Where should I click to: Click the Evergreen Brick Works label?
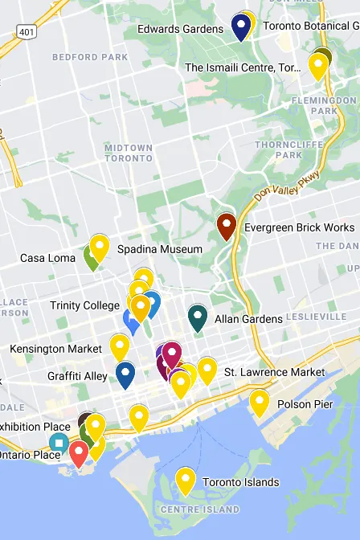point(299,227)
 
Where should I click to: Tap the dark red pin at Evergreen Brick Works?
point(227,225)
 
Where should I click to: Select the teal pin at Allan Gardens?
point(198,317)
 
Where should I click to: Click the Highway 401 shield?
point(26,32)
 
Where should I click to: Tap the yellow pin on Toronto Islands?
point(186,480)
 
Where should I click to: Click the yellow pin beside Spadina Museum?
point(99,246)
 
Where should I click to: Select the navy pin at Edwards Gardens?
point(240,26)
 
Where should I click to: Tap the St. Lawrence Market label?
point(274,372)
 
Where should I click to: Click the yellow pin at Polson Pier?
point(259,402)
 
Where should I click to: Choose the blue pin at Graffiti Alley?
point(125,374)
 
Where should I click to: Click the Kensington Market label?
point(55,349)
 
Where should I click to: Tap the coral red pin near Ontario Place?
point(78,452)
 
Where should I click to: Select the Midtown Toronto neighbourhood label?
point(129,153)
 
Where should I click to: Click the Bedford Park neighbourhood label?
point(79,57)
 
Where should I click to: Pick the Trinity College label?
point(84,305)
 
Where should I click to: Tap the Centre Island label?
point(200,509)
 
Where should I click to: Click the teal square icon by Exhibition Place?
point(59,442)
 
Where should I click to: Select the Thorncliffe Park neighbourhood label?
point(278,149)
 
